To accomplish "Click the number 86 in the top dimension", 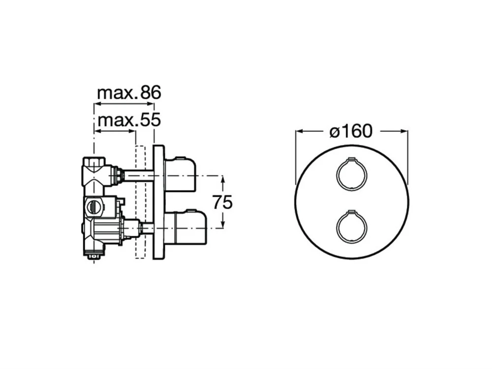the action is tap(151, 92).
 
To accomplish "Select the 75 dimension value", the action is tap(222, 202).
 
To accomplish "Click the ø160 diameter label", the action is tap(351, 131).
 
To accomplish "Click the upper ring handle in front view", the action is tap(351, 173).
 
